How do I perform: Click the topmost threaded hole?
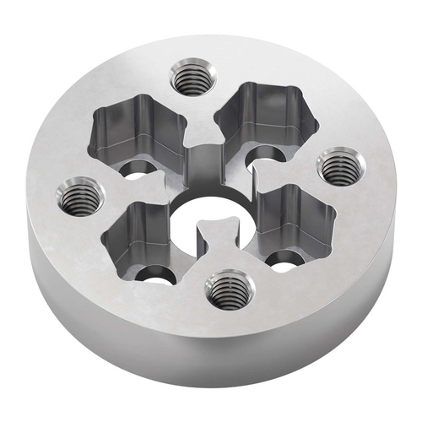click(190, 80)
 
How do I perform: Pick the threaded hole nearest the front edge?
click(226, 292)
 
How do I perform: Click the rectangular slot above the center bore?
click(203, 165)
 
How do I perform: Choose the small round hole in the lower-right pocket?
click(285, 258)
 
